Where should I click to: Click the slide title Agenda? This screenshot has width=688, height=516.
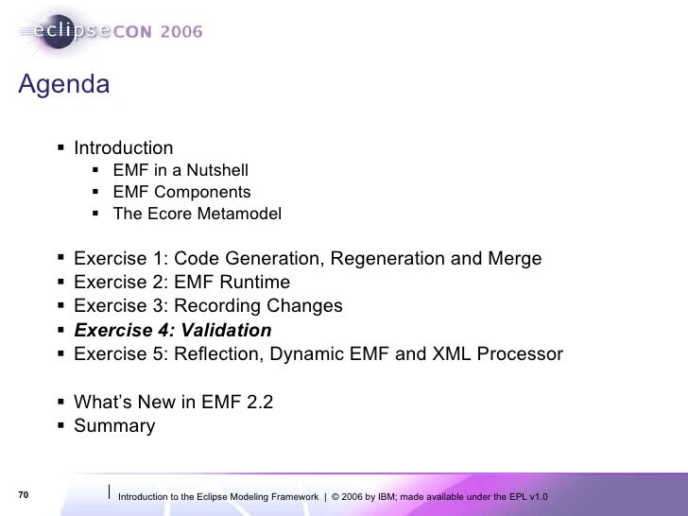coord(64,85)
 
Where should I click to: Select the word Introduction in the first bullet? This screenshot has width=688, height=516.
coord(124,148)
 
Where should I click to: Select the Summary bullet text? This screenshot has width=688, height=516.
coord(114,426)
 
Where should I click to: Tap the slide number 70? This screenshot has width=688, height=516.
coord(25,495)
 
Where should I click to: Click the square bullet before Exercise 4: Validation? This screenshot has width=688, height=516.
coord(60,331)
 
